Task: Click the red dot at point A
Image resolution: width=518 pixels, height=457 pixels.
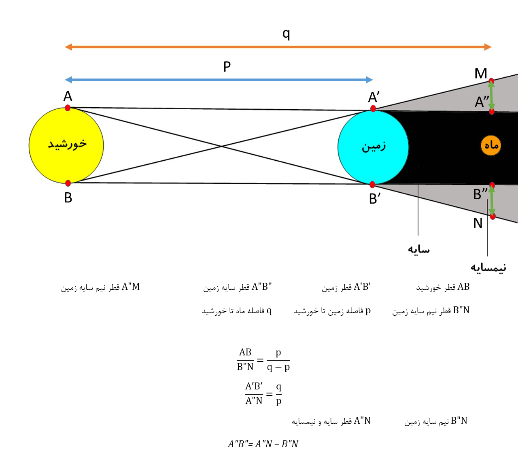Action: point(68,108)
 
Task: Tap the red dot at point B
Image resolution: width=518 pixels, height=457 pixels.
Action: point(68,183)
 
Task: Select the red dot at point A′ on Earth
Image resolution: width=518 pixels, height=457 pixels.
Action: point(373,108)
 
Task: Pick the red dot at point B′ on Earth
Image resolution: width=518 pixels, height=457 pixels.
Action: point(372,185)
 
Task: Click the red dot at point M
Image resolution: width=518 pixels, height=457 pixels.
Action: point(491,81)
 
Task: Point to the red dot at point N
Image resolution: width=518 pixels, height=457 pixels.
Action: point(493,216)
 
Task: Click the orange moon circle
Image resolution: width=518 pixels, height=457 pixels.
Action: point(491,145)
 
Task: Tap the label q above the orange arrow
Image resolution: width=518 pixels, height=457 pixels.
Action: point(287,34)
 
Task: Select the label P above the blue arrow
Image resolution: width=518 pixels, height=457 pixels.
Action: point(227,66)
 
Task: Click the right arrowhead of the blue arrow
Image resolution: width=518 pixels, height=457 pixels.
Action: point(369,80)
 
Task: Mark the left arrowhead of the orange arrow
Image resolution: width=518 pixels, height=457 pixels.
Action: point(68,47)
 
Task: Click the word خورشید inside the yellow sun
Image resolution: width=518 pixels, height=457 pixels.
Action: point(67,144)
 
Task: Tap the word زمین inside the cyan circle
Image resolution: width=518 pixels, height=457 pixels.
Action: point(374,147)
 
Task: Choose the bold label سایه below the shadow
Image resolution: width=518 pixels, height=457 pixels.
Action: point(419,249)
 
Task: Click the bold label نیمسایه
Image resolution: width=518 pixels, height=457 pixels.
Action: point(488,268)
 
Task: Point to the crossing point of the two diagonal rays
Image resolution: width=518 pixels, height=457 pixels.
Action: point(221,146)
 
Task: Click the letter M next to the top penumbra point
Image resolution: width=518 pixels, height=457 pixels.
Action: point(481,73)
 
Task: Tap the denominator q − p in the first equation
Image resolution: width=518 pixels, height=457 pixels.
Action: point(278,368)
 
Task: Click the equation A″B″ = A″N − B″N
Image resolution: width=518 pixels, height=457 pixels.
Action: point(263,444)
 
